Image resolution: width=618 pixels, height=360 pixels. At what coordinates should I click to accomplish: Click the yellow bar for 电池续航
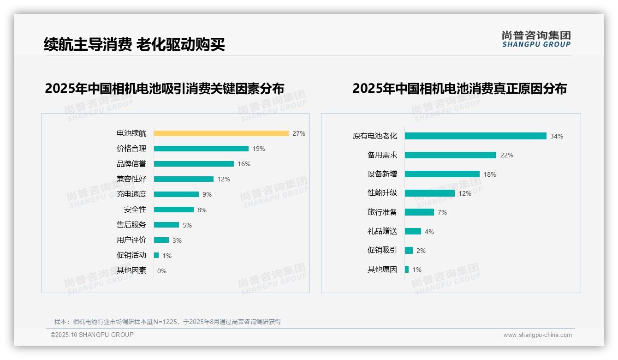point(221,133)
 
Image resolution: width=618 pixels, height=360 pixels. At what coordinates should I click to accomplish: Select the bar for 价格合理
point(201,149)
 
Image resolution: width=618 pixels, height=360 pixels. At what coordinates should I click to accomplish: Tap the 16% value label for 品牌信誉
point(244,164)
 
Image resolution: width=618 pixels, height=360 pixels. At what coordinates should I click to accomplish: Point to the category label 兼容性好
point(131,179)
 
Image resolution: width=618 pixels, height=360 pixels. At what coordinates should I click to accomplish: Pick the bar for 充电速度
point(176,194)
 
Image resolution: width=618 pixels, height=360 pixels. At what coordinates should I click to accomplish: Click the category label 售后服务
point(131,225)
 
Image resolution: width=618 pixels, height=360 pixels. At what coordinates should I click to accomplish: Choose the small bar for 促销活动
point(156,255)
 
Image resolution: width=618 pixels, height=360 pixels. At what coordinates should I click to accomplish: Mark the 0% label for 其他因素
point(162,271)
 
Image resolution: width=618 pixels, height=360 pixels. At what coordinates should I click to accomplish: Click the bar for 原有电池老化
point(475,136)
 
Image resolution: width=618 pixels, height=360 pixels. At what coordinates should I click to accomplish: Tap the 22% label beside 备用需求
point(507,155)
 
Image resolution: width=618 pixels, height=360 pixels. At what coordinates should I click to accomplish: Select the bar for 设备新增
point(442,174)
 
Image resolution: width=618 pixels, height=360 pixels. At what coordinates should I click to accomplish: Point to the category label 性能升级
point(382,193)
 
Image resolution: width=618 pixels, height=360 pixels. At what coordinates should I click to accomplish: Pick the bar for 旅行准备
point(419,212)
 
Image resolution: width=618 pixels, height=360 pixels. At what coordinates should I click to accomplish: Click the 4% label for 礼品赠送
point(429,231)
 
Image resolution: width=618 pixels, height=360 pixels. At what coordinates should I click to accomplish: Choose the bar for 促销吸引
point(409,250)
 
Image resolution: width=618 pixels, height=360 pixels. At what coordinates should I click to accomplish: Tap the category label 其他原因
point(382,270)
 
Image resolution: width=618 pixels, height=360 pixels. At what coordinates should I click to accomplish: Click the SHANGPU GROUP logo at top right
point(536,39)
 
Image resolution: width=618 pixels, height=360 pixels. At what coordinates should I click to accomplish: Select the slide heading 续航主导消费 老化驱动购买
point(134,44)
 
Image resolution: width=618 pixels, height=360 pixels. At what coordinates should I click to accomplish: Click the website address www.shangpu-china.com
point(537,335)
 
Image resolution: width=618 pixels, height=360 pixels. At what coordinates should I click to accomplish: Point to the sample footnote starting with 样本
point(167,322)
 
